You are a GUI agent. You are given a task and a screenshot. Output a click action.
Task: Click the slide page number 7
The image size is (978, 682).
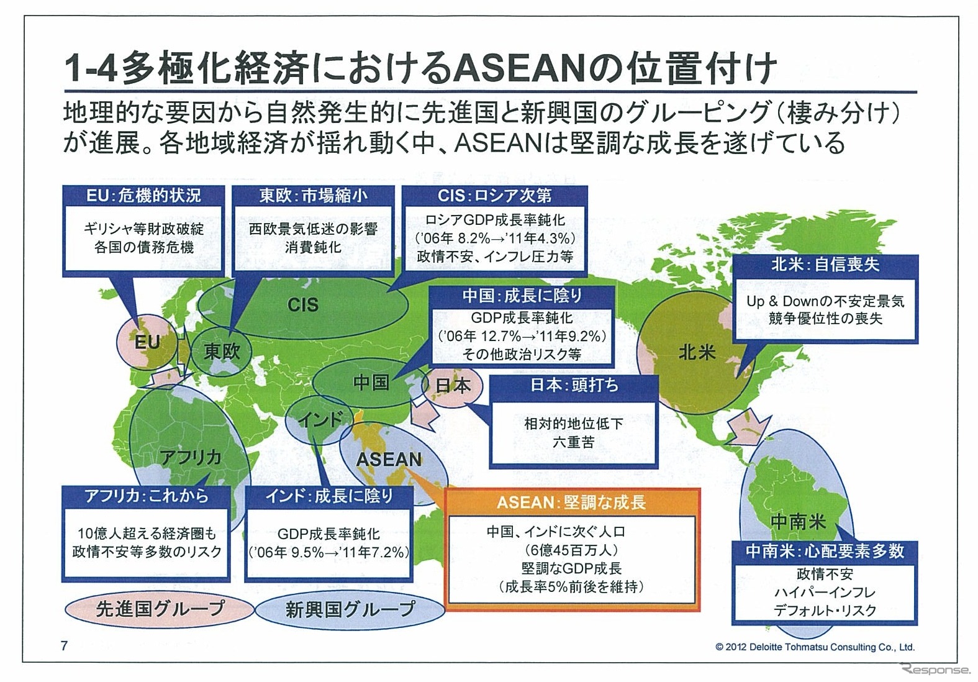point(64,645)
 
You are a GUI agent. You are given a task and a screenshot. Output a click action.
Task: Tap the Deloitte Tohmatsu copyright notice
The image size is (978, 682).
point(815,647)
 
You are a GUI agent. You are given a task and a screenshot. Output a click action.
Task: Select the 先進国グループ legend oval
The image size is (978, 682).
point(160,609)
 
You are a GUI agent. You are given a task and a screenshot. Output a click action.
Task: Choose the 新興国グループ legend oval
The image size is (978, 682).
point(350,609)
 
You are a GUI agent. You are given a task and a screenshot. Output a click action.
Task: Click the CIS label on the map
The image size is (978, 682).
point(303,304)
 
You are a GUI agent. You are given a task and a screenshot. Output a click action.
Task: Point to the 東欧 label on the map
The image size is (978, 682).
point(222,352)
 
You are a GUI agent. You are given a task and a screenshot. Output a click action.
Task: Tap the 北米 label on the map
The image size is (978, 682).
point(697,353)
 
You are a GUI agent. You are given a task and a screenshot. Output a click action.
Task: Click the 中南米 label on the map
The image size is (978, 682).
point(797,521)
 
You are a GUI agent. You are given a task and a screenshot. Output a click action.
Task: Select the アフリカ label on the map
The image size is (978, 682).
point(191,457)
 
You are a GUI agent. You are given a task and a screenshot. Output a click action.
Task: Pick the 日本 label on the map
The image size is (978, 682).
point(453,386)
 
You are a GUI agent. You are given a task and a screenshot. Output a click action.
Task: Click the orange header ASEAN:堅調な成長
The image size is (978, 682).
point(571,502)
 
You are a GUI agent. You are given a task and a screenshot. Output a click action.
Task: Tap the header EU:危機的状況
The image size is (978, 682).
point(143,196)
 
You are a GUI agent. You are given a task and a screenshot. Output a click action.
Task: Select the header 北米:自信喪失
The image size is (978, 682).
point(825,265)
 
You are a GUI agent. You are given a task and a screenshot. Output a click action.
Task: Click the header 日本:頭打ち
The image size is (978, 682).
point(574,385)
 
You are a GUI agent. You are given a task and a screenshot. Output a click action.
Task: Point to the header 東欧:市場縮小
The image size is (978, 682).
point(313,196)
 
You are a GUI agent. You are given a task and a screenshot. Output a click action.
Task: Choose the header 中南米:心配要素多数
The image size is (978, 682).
point(825,551)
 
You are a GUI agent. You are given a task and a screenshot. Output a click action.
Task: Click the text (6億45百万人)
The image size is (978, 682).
point(571,550)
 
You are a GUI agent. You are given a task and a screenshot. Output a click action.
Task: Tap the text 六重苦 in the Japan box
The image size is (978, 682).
point(573,442)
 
